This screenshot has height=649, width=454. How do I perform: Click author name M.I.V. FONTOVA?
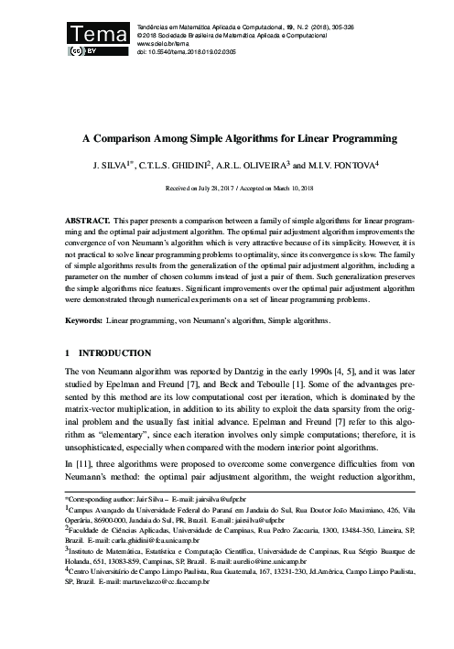350,167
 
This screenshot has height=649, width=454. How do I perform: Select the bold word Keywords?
83,321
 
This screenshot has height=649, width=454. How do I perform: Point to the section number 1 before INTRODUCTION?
68,352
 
